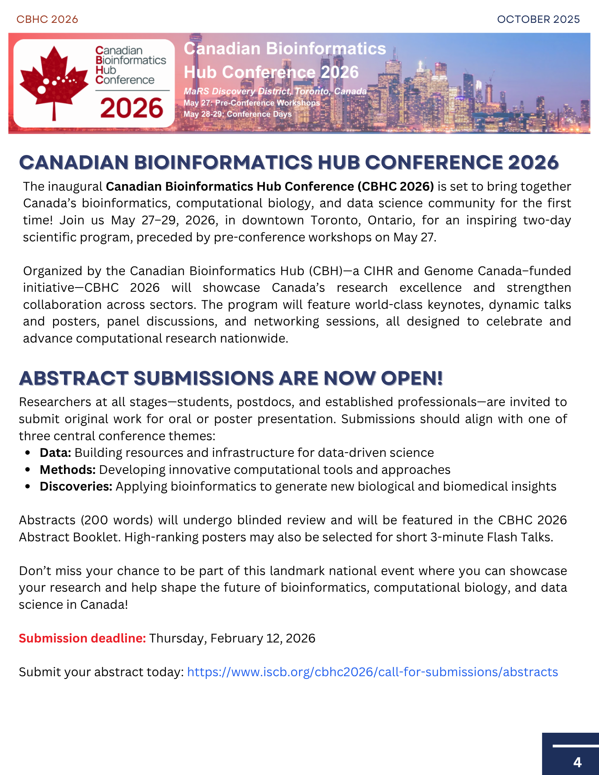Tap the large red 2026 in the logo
point(131,108)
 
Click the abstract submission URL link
point(372,672)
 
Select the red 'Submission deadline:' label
point(82,638)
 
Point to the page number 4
point(577,762)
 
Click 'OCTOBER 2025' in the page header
point(538,19)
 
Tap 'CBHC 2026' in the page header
point(47,19)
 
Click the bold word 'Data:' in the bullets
point(55,453)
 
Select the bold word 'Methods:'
point(67,470)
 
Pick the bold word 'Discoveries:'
point(76,486)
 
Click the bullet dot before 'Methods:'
point(28,470)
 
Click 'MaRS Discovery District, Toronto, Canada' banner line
point(275,91)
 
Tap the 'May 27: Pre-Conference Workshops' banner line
point(252,103)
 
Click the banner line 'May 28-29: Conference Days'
point(237,114)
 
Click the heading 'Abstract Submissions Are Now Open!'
point(231,378)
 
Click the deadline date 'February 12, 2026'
point(263,638)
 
